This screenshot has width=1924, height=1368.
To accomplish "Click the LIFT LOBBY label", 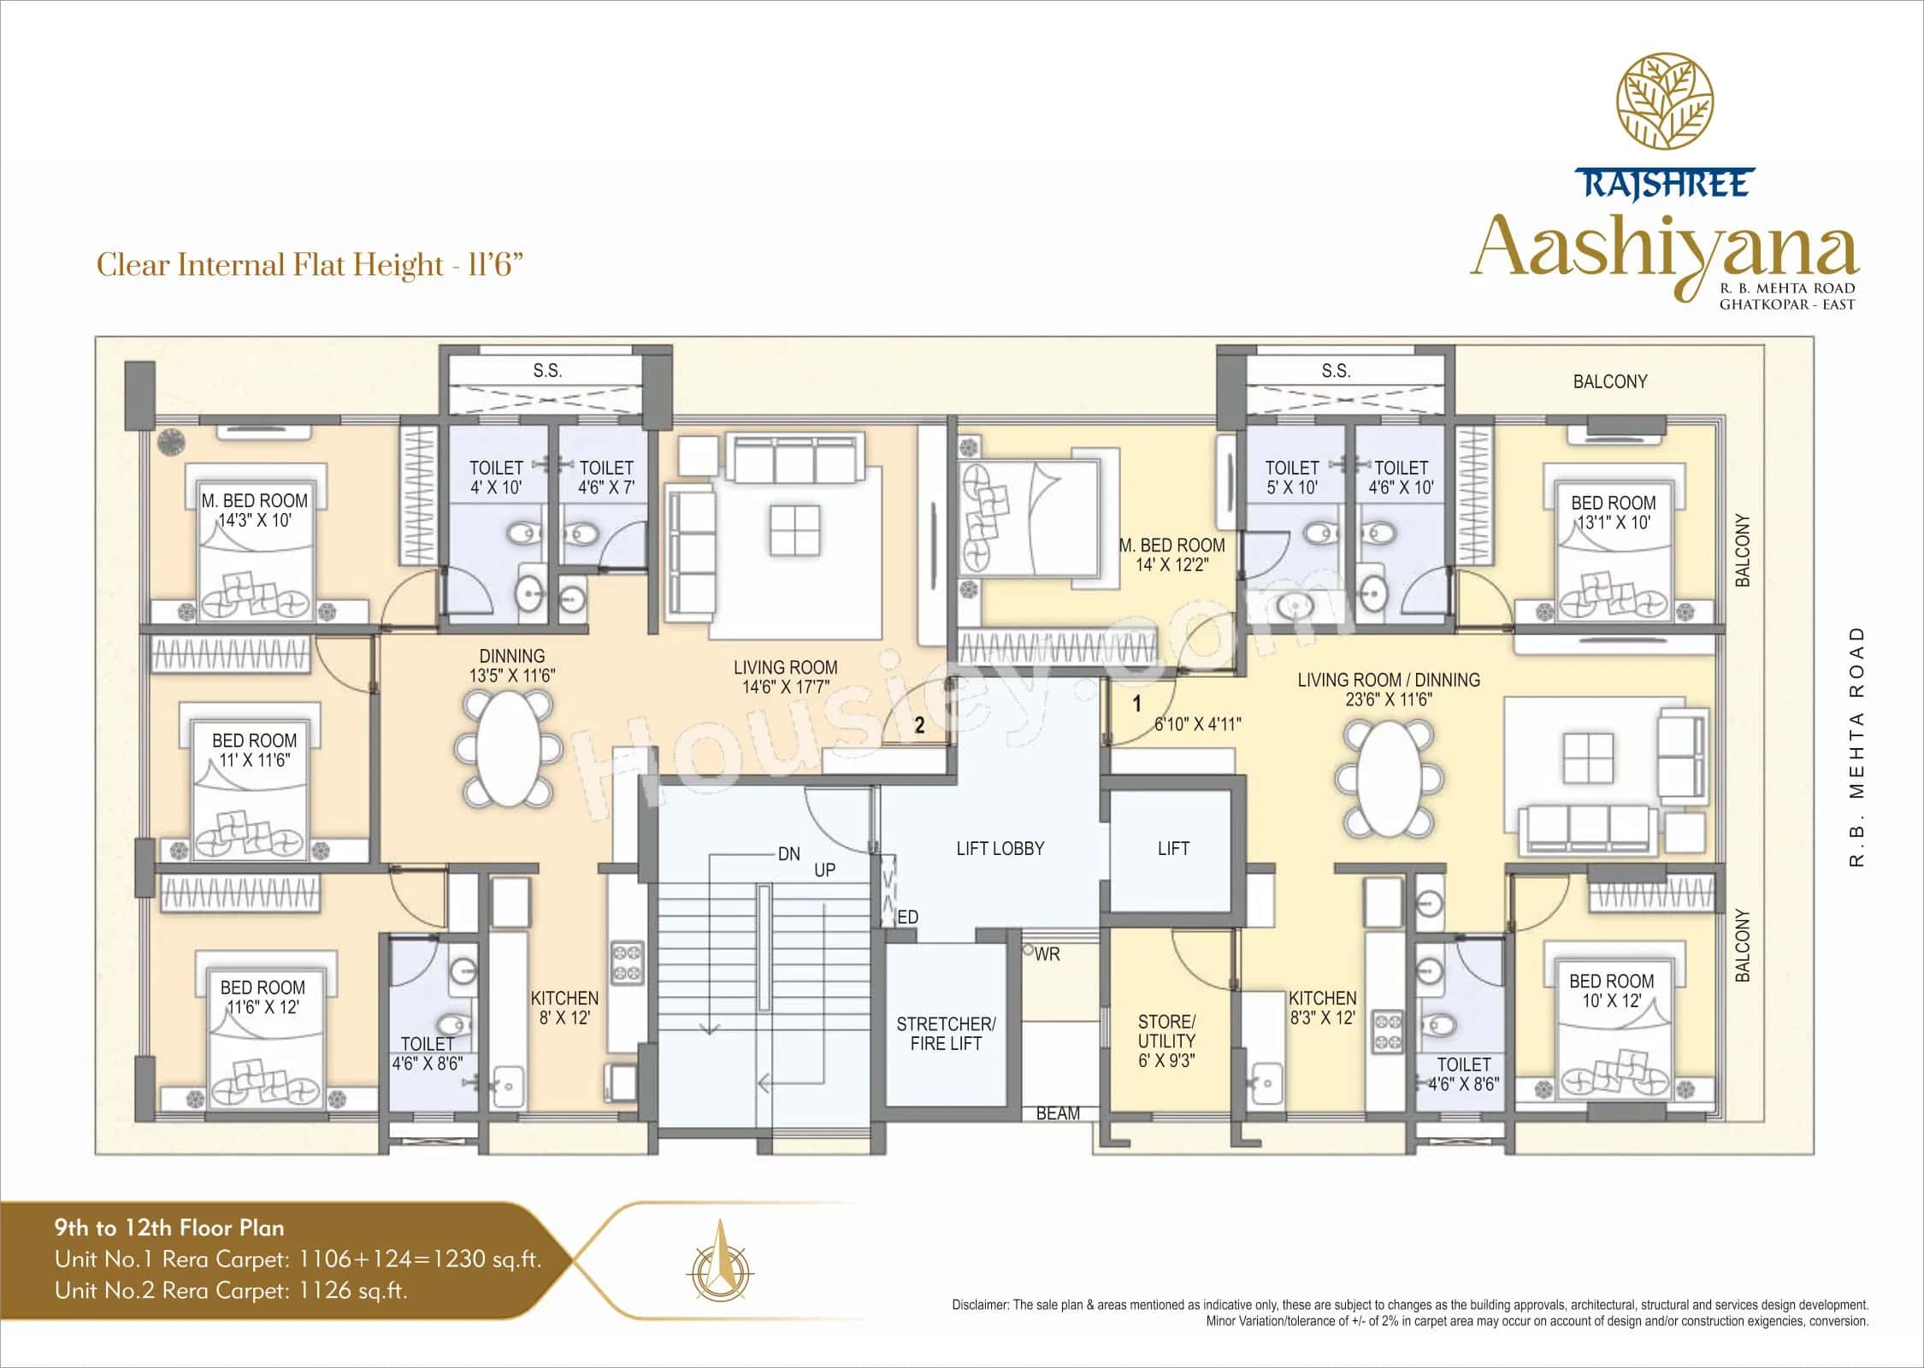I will [1000, 849].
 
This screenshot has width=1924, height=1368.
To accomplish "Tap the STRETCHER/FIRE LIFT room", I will [946, 1033].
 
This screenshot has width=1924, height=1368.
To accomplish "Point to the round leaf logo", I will [1663, 112].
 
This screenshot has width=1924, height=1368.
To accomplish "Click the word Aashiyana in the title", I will [1663, 248].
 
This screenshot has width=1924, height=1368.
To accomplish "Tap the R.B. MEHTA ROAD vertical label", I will [1856, 746].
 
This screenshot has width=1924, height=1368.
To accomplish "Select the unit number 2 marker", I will [919, 726].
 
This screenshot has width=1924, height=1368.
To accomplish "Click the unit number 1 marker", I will [1137, 705].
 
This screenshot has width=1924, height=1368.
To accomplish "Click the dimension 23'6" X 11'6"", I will [1388, 699].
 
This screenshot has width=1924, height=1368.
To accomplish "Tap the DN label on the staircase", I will [788, 854].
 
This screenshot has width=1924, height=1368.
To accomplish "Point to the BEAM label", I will [1058, 1113].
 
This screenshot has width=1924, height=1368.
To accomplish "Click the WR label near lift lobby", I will [1047, 954].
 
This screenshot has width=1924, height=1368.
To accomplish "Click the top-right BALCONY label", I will [1609, 382].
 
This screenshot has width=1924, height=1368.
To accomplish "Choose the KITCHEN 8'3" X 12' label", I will [1322, 1008].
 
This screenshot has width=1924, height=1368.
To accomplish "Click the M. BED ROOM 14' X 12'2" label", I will [1172, 555].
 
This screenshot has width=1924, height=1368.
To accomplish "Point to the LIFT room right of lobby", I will [1172, 849].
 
